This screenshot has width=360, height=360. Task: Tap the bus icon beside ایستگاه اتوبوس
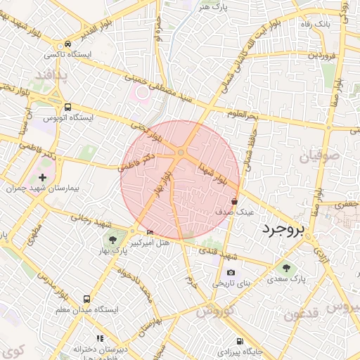pos(67,108)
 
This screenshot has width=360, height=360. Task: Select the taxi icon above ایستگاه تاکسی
pos(67,43)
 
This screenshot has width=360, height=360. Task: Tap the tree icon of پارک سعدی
pos(286,267)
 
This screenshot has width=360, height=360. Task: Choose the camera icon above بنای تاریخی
pos(231,273)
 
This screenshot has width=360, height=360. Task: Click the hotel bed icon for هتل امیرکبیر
pos(150,232)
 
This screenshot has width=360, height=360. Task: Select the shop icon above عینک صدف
pos(234,200)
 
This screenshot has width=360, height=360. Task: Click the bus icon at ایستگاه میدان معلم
pos(87,299)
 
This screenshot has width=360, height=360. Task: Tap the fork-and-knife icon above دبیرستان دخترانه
pos(100,338)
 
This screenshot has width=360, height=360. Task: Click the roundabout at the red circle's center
pos(181,152)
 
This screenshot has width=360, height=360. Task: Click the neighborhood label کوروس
pos(216,311)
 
